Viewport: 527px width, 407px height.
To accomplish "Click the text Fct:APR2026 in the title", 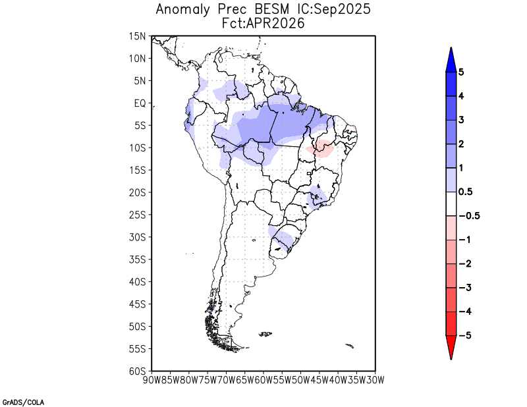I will [x=263, y=23].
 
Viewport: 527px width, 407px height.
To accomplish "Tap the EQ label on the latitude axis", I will [x=140, y=103].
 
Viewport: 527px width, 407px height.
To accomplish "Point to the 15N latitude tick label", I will [x=138, y=36].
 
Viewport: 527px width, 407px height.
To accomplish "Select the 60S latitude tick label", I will [x=138, y=371].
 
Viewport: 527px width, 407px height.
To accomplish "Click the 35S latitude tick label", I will [x=138, y=259].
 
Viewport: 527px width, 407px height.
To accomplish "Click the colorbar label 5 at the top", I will [x=461, y=72].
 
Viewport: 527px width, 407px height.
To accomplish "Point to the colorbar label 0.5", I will [x=464, y=192].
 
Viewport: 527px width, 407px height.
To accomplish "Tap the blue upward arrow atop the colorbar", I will [x=451, y=59].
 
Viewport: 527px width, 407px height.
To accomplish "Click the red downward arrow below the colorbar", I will [x=451, y=347].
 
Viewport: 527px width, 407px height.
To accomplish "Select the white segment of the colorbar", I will [x=451, y=203].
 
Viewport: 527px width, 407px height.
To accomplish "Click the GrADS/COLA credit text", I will [x=22, y=401].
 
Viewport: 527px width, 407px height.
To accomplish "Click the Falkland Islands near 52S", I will [x=265, y=334].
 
